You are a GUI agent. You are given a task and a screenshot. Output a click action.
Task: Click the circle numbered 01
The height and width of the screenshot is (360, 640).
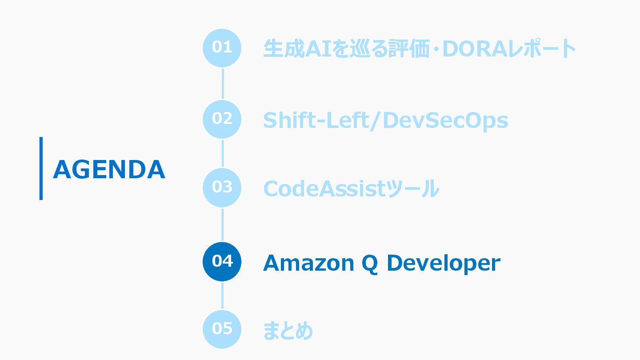pyautogui.click(x=222, y=48)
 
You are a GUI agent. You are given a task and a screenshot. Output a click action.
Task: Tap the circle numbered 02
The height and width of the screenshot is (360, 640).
pyautogui.click(x=222, y=119)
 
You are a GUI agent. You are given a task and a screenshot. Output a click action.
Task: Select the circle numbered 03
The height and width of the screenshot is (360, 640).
pyautogui.click(x=222, y=188)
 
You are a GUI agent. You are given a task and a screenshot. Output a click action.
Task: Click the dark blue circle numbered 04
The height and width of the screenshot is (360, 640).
pyautogui.click(x=222, y=261)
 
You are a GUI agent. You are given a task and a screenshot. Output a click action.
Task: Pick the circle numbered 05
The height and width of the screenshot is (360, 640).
pyautogui.click(x=222, y=329)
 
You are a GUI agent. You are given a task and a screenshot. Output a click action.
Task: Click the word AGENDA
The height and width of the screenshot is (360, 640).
pyautogui.click(x=109, y=169)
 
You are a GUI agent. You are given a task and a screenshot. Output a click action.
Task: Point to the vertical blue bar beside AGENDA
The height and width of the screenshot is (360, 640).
pyautogui.click(x=41, y=168)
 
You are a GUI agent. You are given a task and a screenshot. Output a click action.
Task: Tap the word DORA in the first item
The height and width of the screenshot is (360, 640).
pyautogui.click(x=476, y=49)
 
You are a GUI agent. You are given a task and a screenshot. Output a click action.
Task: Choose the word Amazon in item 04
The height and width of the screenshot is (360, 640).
pyautogui.click(x=307, y=263)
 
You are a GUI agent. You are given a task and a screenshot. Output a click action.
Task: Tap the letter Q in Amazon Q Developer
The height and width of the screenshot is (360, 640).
pyautogui.click(x=368, y=264)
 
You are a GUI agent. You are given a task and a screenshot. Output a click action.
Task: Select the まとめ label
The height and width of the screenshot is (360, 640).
pyautogui.click(x=288, y=330)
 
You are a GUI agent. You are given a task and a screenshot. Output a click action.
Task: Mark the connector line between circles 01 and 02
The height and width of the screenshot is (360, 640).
pyautogui.click(x=222, y=83)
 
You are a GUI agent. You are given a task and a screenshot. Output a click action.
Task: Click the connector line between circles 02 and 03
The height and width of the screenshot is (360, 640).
pyautogui.click(x=222, y=153)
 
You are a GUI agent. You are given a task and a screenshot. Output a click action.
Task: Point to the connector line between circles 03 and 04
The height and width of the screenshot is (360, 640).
pyautogui.click(x=222, y=224)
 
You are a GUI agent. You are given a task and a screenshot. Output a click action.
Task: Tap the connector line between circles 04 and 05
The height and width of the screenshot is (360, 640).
pyautogui.click(x=222, y=296)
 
